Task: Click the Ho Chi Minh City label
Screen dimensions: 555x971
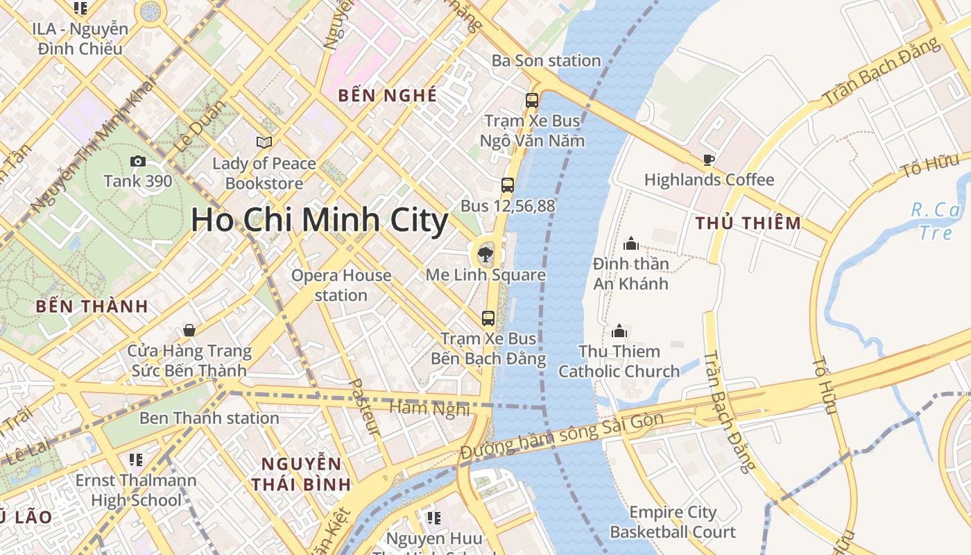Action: [x=320, y=220]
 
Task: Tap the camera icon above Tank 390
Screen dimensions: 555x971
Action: [x=138, y=162]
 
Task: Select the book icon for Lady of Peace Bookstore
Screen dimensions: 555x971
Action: [x=264, y=142]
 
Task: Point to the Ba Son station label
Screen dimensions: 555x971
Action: [x=546, y=60]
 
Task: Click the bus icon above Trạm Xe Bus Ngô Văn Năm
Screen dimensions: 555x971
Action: [x=532, y=100]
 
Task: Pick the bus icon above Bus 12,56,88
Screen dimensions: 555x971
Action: [x=508, y=185]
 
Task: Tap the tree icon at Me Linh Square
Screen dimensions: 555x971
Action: [x=486, y=254]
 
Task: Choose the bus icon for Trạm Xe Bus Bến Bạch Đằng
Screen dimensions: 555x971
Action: [x=488, y=318]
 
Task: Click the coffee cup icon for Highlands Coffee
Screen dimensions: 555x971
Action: [x=708, y=160]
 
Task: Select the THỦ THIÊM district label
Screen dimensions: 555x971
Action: [x=748, y=223]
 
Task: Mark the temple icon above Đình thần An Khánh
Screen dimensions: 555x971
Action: [x=630, y=244]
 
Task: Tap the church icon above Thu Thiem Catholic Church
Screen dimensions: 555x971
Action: [x=619, y=331]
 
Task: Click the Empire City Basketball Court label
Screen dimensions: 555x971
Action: [x=672, y=522]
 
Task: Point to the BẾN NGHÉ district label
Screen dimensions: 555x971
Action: [x=388, y=96]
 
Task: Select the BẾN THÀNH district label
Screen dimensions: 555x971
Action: [x=92, y=306]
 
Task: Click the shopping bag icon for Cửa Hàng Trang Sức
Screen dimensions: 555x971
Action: [x=189, y=330]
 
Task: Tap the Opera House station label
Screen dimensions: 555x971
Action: [x=341, y=285]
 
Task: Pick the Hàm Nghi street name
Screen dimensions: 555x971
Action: [x=429, y=409]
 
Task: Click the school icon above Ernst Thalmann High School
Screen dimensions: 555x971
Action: [x=135, y=460]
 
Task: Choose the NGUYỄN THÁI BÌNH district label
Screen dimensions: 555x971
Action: [x=301, y=474]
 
